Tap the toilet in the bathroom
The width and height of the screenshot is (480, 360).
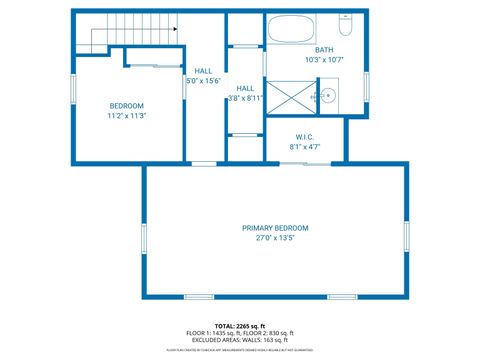click(x=345, y=20)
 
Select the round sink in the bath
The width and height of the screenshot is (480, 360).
click(x=326, y=96)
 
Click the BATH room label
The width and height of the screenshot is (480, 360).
click(x=324, y=50)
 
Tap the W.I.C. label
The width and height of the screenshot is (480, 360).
click(x=305, y=136)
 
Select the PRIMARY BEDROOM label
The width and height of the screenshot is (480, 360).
click(x=275, y=228)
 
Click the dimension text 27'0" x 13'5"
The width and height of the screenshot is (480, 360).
click(x=275, y=239)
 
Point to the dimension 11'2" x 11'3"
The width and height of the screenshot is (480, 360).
click(x=127, y=116)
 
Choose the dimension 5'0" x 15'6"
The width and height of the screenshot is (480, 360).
click(x=204, y=81)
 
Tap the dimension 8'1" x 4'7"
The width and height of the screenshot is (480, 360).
click(x=305, y=147)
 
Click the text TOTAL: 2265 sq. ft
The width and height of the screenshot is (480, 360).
click(x=239, y=325)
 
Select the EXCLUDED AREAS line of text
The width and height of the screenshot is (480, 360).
click(x=240, y=339)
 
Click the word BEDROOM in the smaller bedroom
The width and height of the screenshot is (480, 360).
click(x=127, y=106)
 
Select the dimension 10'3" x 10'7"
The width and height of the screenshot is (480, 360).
click(x=324, y=60)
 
